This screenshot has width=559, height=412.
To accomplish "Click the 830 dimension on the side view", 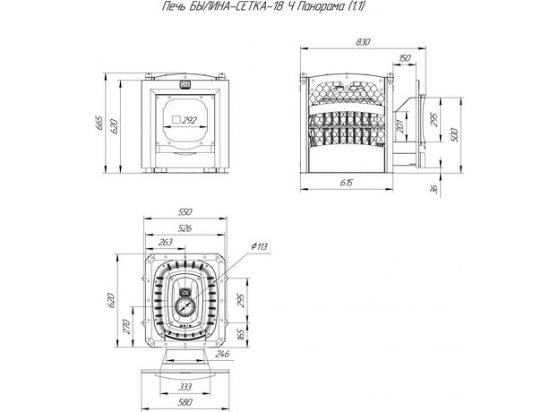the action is (x=363, y=42).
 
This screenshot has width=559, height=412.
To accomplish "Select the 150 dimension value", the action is (x=405, y=58).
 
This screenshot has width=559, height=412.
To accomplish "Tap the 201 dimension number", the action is (x=400, y=125).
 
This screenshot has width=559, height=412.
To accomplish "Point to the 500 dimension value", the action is (x=454, y=134).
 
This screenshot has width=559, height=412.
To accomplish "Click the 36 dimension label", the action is (x=434, y=189).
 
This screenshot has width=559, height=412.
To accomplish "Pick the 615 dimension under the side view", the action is (x=346, y=183).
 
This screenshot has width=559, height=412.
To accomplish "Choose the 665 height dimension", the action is (x=100, y=124).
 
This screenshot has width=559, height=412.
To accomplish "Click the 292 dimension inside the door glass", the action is (x=189, y=120).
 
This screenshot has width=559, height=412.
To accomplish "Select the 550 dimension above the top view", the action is (x=185, y=211).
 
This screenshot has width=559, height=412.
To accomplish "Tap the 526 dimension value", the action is (x=185, y=228).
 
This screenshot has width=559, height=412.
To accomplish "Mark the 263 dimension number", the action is (x=165, y=242).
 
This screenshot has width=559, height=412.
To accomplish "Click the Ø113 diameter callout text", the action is (x=259, y=246).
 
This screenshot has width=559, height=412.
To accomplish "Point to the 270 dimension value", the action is (x=126, y=326).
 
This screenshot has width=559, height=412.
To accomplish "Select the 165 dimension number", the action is (x=241, y=334).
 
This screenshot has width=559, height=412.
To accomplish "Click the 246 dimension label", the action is (x=222, y=354).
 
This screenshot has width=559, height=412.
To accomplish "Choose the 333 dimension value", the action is (x=185, y=387).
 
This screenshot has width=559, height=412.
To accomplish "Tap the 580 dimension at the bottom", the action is (x=185, y=402).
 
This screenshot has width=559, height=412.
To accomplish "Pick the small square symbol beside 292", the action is (x=176, y=120).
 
